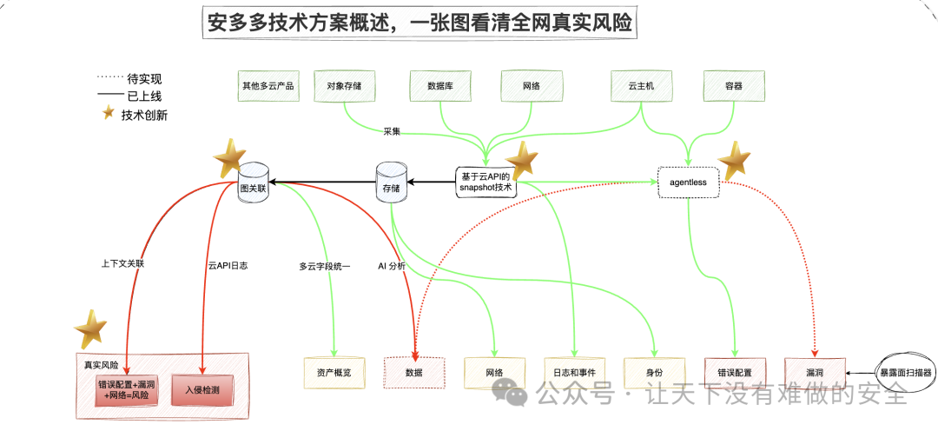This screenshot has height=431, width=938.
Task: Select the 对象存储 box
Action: (x=344, y=86)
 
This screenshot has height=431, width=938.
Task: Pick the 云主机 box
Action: (x=641, y=86)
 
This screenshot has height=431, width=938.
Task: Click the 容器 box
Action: (x=734, y=86)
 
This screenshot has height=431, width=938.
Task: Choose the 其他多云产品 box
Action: (x=268, y=86)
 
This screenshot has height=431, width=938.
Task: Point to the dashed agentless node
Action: (x=688, y=182)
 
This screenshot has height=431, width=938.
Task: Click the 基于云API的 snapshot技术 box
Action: (x=486, y=182)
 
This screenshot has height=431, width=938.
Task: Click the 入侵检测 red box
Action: (x=202, y=391)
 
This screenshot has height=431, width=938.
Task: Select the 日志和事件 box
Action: (x=574, y=372)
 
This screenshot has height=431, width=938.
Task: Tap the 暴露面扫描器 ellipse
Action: (x=906, y=372)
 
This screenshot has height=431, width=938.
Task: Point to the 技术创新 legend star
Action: (x=109, y=114)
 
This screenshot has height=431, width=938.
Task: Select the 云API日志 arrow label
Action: (x=228, y=265)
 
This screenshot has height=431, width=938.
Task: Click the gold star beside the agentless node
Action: (x=735, y=161)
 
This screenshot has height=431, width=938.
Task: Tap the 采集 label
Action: (x=392, y=131)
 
